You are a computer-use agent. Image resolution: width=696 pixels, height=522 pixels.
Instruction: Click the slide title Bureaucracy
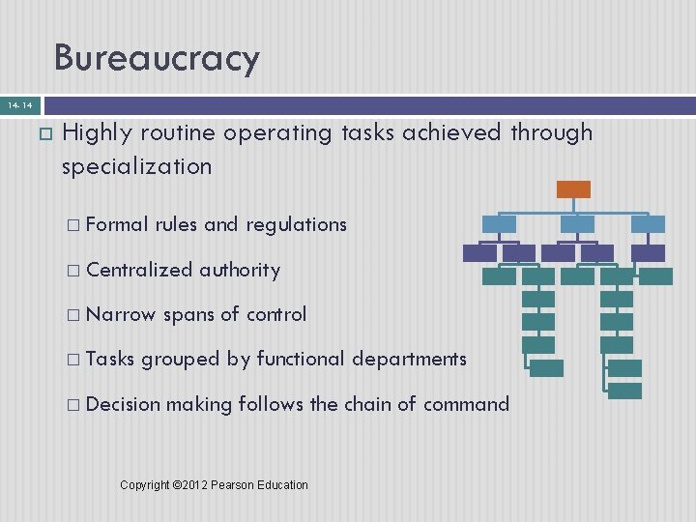157,58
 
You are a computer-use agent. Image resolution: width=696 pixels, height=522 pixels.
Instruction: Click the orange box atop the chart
573,189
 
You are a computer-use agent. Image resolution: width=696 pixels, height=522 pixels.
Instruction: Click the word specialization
136,167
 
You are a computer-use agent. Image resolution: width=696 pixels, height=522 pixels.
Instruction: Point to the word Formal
117,224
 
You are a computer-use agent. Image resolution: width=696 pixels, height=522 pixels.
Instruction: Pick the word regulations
296,224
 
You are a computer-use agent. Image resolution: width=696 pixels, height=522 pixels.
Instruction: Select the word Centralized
139,270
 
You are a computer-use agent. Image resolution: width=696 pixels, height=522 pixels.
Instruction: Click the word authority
240,270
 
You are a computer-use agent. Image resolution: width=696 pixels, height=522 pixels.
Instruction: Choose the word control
276,314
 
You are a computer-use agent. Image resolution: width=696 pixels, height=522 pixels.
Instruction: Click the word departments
408,359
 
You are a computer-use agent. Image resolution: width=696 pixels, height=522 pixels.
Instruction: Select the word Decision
123,403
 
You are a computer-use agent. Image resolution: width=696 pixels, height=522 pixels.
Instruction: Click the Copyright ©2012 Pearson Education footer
214,484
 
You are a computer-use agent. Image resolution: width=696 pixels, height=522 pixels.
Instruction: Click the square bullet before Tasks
73,360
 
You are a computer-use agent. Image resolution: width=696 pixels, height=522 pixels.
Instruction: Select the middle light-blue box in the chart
578,224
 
